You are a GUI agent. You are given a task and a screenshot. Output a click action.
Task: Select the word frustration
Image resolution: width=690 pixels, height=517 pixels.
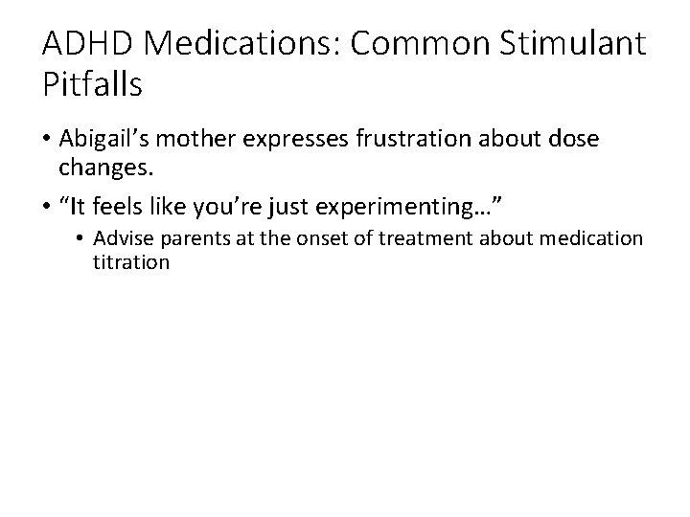click(x=406, y=140)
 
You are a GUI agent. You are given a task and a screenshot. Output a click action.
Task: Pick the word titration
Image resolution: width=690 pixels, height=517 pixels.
click(x=130, y=260)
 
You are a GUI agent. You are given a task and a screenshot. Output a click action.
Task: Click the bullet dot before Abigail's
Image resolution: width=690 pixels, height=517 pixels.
click(x=46, y=141)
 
